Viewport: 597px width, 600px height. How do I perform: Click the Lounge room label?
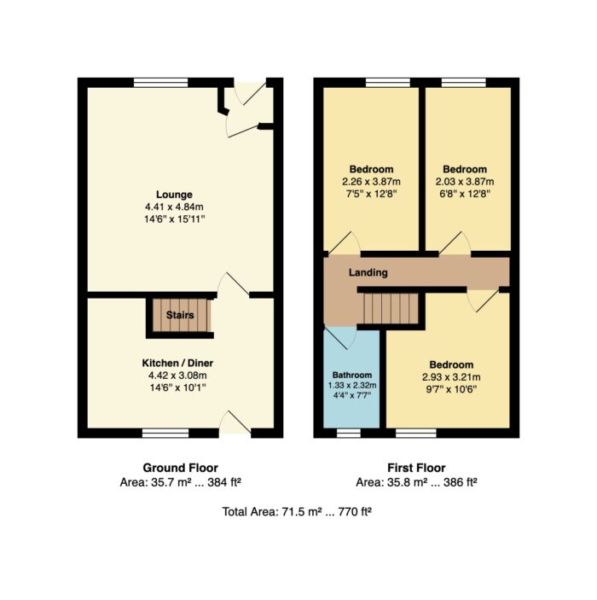click(174, 195)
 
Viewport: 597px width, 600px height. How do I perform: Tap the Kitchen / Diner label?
click(178, 363)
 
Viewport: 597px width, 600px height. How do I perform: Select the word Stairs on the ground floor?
click(180, 315)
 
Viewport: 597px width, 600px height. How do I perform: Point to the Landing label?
click(368, 273)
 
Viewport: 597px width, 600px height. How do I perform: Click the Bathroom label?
click(352, 375)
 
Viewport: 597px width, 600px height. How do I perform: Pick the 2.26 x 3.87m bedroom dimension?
click(371, 182)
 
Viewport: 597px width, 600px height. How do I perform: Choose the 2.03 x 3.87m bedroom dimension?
click(465, 182)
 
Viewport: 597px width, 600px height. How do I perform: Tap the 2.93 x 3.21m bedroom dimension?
click(451, 377)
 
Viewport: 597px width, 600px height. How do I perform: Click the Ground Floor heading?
click(181, 468)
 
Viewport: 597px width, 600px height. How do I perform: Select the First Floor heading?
click(416, 468)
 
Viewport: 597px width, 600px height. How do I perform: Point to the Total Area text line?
click(297, 511)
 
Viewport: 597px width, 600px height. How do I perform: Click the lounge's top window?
click(161, 82)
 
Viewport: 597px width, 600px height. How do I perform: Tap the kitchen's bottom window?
click(165, 434)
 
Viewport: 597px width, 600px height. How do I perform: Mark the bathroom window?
click(349, 434)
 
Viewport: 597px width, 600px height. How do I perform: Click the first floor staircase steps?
click(391, 308)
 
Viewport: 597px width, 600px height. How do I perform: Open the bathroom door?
click(340, 338)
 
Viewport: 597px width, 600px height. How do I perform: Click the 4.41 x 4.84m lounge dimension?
click(174, 207)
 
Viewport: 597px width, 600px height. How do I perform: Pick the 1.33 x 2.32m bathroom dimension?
click(352, 385)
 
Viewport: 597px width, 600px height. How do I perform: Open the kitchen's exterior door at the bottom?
click(235, 422)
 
